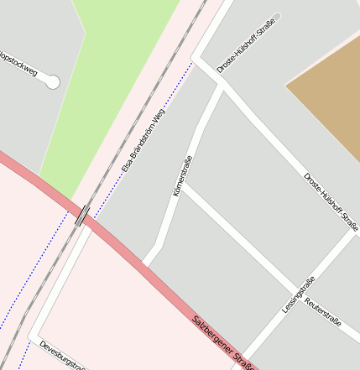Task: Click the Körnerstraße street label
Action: pyautogui.click(x=182, y=177)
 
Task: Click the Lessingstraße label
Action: pyautogui.click(x=298, y=295)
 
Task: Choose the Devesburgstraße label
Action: pyautogui.click(x=62, y=354)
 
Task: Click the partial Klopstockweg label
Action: pyautogui.click(x=18, y=71)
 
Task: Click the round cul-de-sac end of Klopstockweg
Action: pyautogui.click(x=52, y=81)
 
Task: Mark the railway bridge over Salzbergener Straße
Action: pyautogui.click(x=82, y=215)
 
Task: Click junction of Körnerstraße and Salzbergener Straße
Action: pyautogui.click(x=148, y=263)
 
